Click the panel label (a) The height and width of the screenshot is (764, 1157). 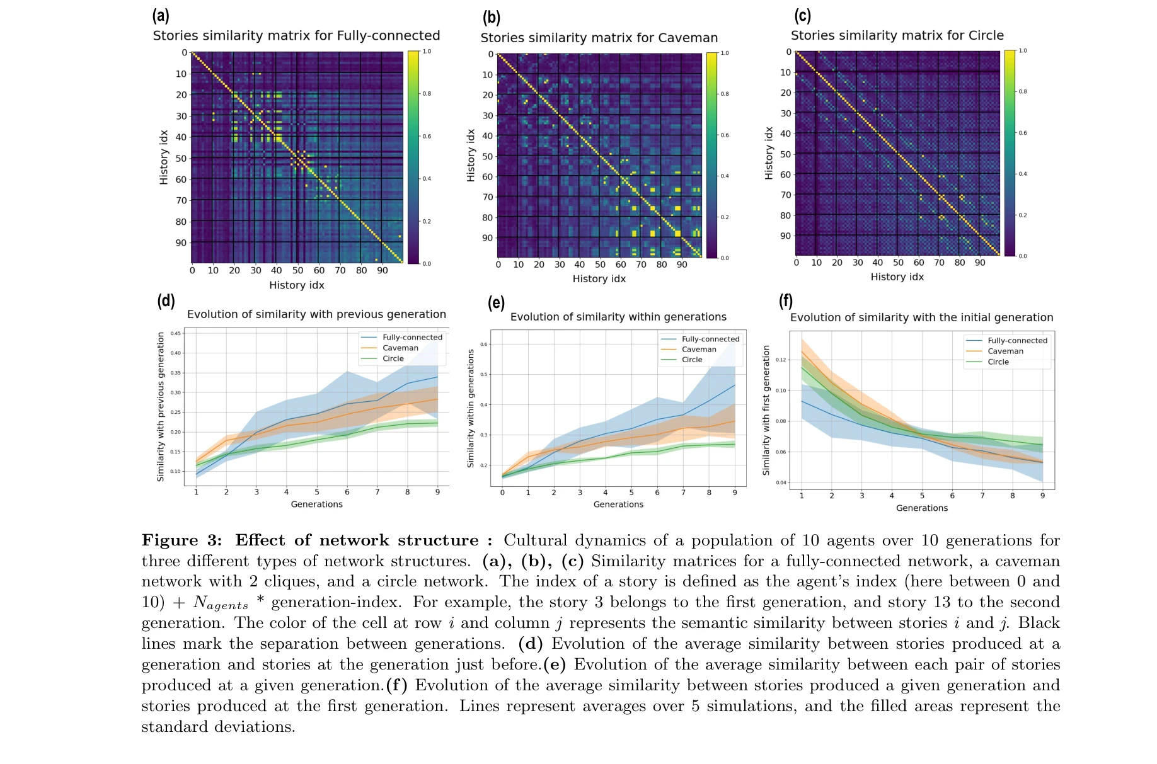tap(161, 15)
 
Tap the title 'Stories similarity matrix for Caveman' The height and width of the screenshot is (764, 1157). tap(599, 38)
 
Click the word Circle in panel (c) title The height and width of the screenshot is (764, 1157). tap(986, 35)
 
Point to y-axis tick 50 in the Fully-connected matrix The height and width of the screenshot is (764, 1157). tap(181, 158)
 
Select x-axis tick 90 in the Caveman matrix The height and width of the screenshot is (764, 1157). tap(682, 265)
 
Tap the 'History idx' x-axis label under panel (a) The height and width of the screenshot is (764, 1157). tap(296, 285)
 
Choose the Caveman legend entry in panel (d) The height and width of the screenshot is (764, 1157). tap(400, 348)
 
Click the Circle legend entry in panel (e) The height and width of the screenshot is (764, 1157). tap(691, 360)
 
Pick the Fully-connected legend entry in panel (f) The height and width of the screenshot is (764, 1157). tap(1017, 341)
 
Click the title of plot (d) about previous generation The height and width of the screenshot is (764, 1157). tap(316, 314)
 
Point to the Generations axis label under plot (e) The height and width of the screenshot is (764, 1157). tap(618, 505)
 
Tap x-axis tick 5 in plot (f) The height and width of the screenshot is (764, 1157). tap(922, 496)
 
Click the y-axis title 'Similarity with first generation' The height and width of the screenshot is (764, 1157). tap(766, 410)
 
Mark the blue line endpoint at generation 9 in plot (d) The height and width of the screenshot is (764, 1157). tap(437, 377)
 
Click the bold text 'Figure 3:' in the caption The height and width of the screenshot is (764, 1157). tap(181, 540)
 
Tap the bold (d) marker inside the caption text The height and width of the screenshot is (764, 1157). tap(530, 644)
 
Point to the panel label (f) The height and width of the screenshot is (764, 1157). tap(785, 300)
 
